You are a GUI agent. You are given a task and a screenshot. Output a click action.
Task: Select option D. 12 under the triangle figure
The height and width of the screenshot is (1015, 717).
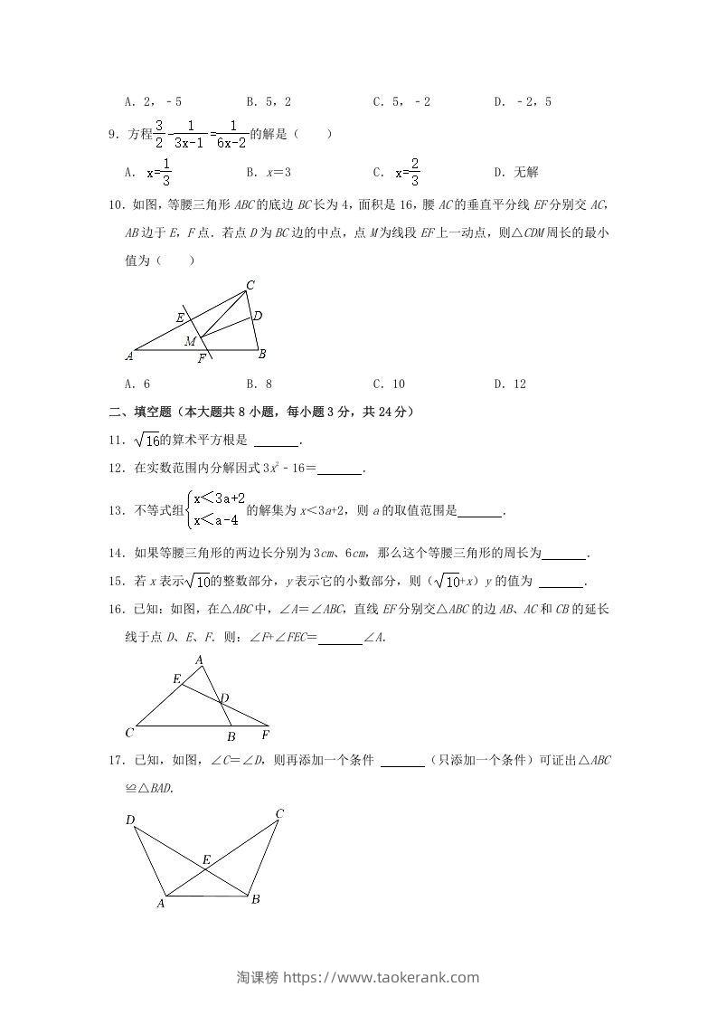[x=510, y=384]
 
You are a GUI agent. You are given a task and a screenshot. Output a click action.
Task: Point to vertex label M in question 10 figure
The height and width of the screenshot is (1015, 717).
[x=190, y=341]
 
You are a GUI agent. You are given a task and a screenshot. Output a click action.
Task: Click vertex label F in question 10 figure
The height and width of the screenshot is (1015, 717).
[x=202, y=358]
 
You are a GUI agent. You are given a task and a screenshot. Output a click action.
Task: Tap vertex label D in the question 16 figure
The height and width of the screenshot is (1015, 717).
[x=224, y=697]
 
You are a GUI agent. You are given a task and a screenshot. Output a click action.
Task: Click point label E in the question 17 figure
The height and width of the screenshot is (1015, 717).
[x=206, y=859]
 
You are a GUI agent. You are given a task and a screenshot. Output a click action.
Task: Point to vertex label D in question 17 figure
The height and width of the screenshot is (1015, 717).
[x=131, y=821]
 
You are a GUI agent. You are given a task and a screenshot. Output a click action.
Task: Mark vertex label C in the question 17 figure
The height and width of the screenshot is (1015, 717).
[x=279, y=814]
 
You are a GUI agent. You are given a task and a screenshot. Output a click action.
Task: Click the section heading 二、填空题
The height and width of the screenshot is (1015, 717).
[x=139, y=412]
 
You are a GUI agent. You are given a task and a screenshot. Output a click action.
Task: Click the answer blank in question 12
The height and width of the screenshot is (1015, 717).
[x=339, y=469]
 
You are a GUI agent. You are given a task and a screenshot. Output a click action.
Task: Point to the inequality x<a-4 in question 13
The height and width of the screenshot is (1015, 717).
[x=215, y=520]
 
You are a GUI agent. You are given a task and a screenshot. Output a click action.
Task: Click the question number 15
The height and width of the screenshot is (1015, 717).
[x=114, y=582]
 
